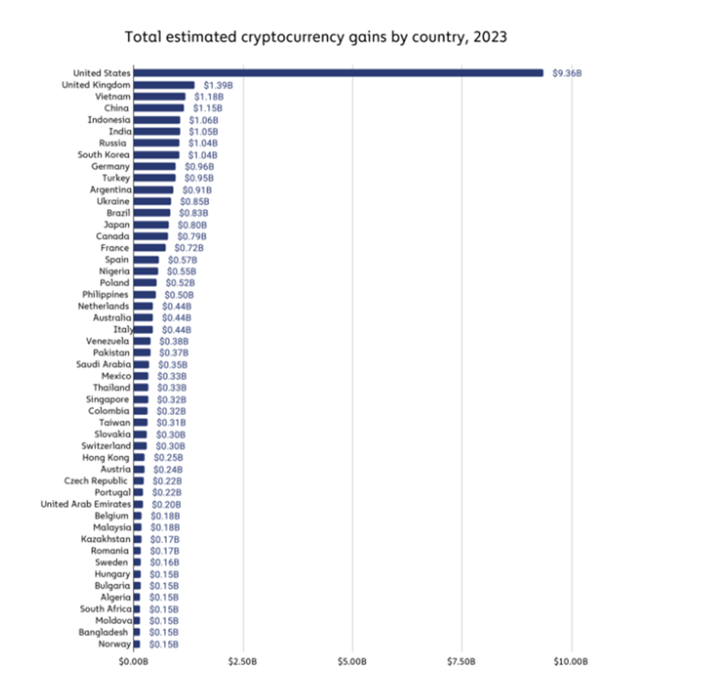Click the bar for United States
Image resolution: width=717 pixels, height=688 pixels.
[338, 73]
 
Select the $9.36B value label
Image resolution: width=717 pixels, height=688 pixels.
[567, 73]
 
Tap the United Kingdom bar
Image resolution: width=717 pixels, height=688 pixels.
[164, 85]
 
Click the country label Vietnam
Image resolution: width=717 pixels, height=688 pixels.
[113, 97]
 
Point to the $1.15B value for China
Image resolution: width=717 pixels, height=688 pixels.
[207, 108]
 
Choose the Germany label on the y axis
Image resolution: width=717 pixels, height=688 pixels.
[111, 166]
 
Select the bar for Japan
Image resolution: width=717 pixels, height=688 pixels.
[151, 225]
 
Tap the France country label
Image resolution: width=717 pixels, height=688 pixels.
[115, 248]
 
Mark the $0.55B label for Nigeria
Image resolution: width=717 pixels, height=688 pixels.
[182, 272]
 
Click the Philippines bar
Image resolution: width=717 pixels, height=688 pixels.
[144, 294]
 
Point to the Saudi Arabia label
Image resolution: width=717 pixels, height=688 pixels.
[104, 365]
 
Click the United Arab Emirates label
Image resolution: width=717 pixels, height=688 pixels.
[85, 504]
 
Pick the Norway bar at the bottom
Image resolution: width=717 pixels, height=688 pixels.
[137, 644]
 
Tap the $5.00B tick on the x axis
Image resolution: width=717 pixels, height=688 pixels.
[352, 661]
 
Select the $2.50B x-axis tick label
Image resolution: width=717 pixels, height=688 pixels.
[243, 661]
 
